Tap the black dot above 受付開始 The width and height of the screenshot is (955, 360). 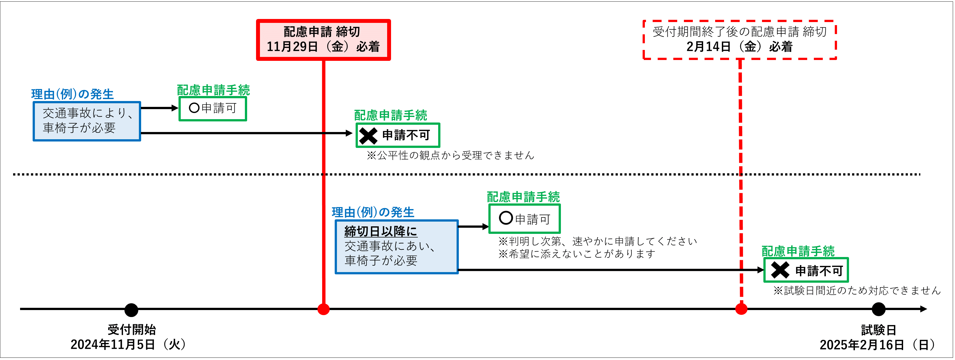[131, 309]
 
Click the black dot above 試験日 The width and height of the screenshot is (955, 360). [878, 309]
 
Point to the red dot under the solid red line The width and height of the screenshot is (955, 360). [323, 309]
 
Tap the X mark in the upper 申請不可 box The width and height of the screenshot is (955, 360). [368, 136]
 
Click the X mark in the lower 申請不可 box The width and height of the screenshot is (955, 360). [780, 270]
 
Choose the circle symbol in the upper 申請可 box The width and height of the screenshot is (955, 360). [194, 108]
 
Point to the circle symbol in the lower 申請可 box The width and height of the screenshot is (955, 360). [506, 218]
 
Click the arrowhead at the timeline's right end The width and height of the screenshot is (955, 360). [923, 309]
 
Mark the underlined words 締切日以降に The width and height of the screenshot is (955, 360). [381, 231]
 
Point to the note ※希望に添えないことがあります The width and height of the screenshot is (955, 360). [577, 254]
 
